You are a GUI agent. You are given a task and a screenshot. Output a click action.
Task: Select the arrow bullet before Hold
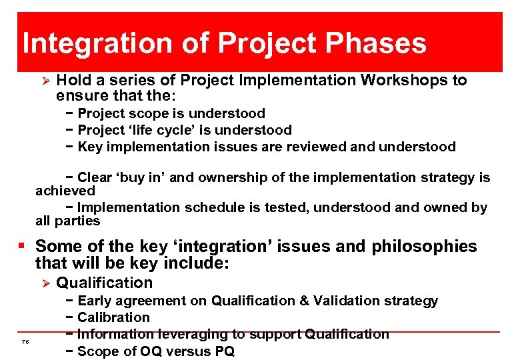click(45, 81)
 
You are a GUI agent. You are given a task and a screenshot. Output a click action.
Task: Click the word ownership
click(230, 177)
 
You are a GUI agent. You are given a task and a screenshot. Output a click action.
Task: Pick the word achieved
click(65, 191)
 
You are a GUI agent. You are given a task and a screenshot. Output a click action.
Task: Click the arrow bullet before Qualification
click(45, 283)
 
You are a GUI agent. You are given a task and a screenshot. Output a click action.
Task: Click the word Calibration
click(113, 317)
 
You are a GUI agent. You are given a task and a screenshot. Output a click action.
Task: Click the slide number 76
click(25, 342)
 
